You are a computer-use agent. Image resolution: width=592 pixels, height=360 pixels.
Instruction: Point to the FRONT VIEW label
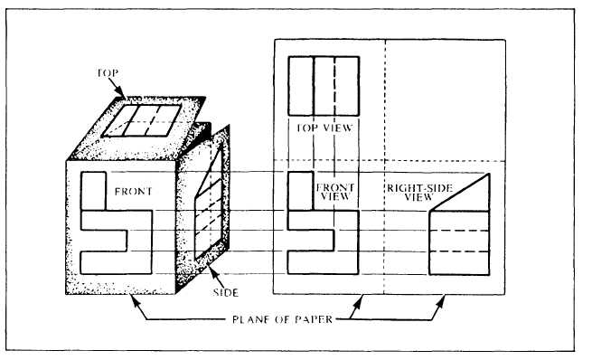[334, 191]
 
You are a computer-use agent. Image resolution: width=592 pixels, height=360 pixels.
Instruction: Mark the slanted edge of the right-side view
[461, 189]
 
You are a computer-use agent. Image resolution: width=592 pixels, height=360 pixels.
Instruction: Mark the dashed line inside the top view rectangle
[334, 85]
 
